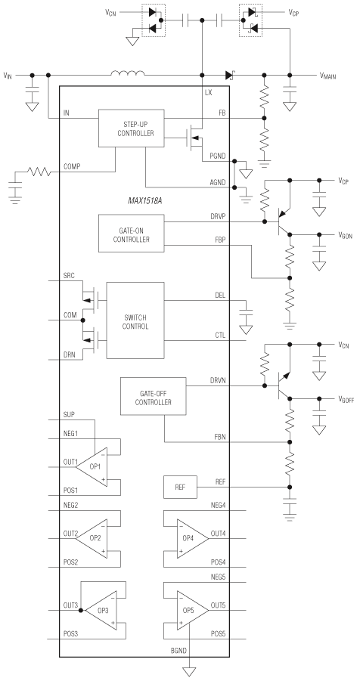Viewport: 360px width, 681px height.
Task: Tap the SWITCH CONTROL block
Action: (135, 321)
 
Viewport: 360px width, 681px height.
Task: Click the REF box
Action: (179, 488)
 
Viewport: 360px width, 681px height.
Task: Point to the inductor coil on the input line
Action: (128, 74)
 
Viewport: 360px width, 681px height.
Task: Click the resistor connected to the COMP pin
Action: (38, 172)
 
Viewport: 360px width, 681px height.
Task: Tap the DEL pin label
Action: (219, 296)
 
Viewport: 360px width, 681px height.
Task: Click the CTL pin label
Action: (219, 333)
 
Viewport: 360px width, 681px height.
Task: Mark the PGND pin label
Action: (218, 155)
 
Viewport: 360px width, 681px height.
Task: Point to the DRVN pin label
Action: (218, 380)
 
